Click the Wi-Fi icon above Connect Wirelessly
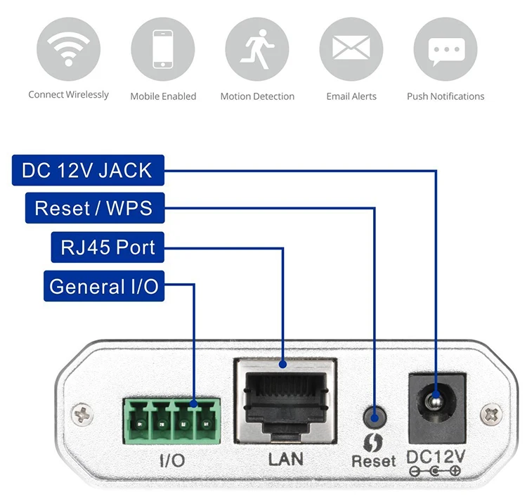[x=69, y=49]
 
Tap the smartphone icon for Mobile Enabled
[x=163, y=49]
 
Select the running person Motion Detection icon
[x=257, y=49]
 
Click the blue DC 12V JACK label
[x=88, y=170]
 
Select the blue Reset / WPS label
[x=95, y=208]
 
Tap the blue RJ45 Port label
[x=108, y=247]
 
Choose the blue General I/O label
[x=104, y=286]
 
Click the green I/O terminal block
[x=171, y=421]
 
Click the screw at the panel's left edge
[x=82, y=415]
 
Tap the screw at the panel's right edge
[x=491, y=415]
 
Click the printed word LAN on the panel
[x=286, y=459]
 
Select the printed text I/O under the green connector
[x=172, y=460]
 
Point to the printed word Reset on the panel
[x=373, y=461]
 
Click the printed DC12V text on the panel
[x=436, y=457]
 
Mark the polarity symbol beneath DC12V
[x=435, y=471]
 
